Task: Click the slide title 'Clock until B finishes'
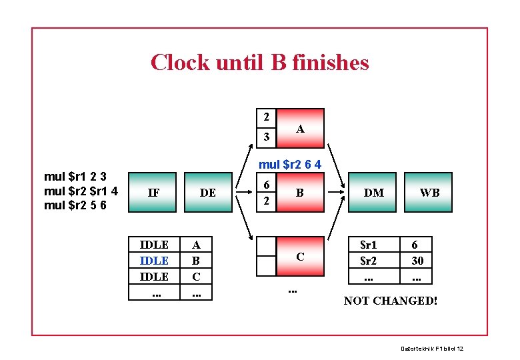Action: coord(259,63)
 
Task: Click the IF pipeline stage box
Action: coord(153,193)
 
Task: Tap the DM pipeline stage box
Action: coord(373,193)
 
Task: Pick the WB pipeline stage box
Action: coord(429,193)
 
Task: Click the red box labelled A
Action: coord(300,128)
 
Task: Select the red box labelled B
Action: coord(300,193)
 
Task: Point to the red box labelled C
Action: coord(300,256)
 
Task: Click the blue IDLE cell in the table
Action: coord(154,261)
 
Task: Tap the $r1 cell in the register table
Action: coord(368,245)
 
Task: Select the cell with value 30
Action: coord(417,261)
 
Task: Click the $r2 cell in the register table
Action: coord(368,261)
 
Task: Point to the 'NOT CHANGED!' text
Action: coord(391,301)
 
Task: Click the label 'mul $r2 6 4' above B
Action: coord(290,164)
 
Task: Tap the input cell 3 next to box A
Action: coord(266,137)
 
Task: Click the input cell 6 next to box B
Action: coord(266,185)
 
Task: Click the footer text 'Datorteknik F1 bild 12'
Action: coord(431,349)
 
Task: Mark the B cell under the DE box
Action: coord(196,261)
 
